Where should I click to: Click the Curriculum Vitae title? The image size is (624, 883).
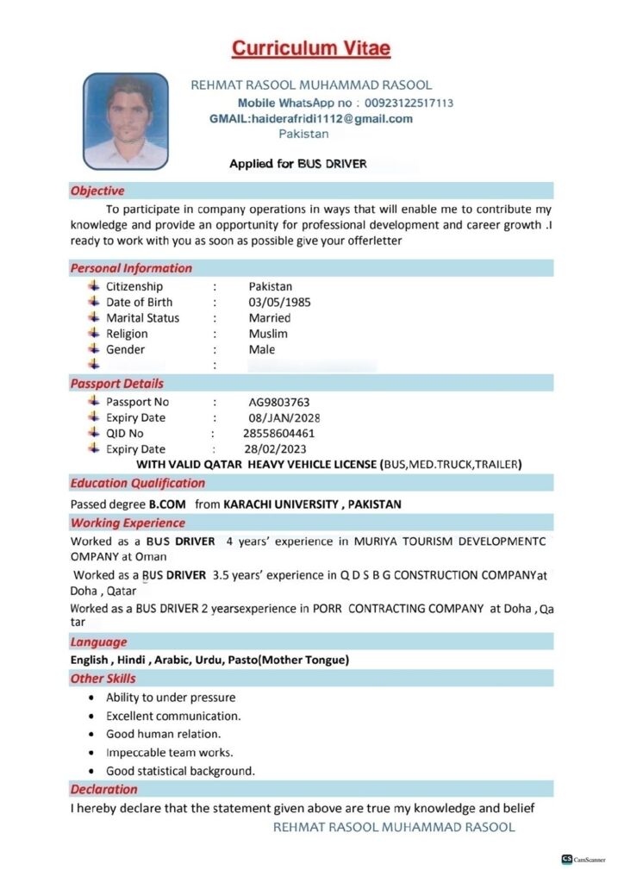311,48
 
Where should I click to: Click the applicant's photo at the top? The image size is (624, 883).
125,120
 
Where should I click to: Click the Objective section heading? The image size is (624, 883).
97,191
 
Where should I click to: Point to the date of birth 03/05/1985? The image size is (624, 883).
279,303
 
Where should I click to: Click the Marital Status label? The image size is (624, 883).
143,318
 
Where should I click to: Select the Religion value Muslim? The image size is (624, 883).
268,334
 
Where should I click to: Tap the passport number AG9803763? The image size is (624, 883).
279,402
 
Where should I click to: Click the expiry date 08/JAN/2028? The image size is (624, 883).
284,418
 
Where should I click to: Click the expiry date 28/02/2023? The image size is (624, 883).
275,449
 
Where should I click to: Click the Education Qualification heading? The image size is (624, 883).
138,483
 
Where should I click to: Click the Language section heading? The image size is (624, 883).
98,642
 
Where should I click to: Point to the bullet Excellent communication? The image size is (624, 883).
173,716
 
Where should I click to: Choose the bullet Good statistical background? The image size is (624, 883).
180,771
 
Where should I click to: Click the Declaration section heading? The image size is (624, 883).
103,789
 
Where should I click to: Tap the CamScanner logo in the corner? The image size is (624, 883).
583,860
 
